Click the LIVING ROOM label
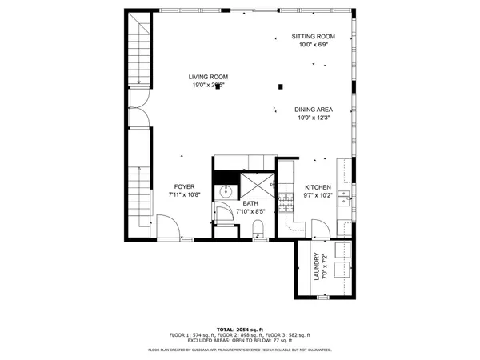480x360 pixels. coord(208,77)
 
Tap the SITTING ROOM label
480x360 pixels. coord(313,37)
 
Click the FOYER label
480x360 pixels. coord(185,186)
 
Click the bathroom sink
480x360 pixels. coord(226,191)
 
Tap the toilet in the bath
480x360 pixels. coord(258,231)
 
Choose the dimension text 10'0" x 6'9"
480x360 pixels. coord(313,45)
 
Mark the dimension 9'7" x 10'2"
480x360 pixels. coord(318,194)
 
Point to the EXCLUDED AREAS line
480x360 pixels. coord(240,340)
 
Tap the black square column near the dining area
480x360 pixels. coord(280,86)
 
